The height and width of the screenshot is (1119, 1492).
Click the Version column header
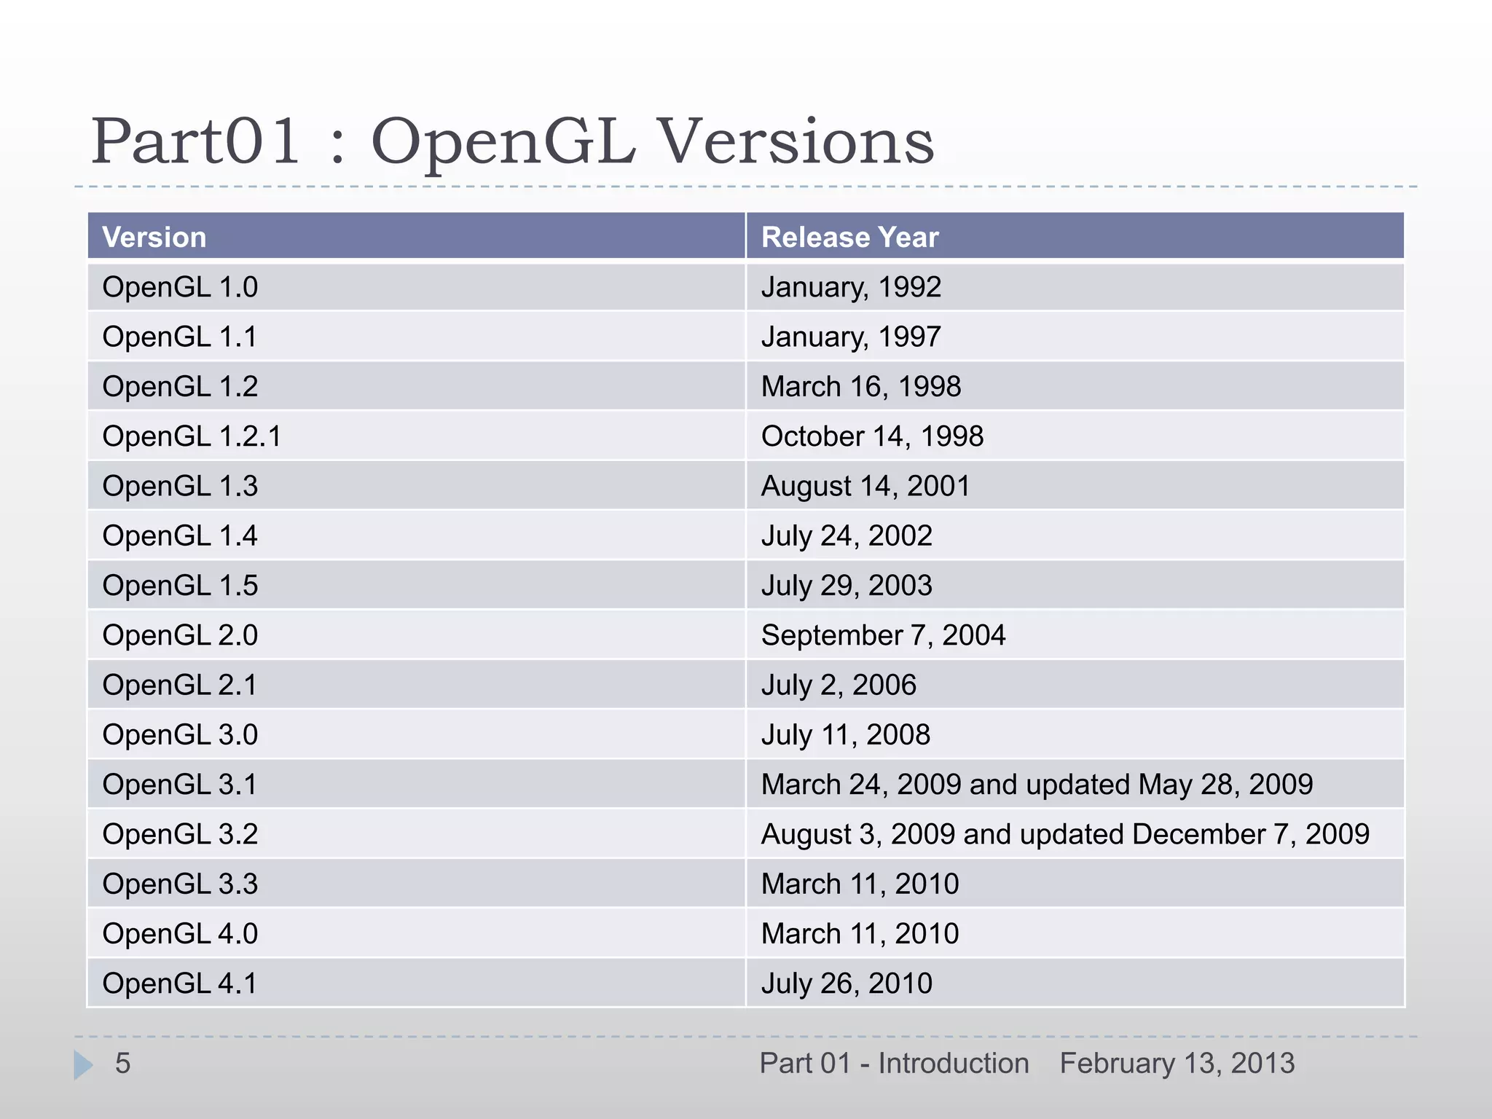[x=154, y=237]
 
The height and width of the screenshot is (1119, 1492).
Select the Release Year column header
[x=849, y=237]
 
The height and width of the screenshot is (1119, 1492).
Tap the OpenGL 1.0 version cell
[x=180, y=287]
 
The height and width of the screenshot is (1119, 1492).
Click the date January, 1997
[x=851, y=337]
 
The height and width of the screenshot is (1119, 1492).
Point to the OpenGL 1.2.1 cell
[x=192, y=436]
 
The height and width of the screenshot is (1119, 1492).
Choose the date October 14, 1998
[x=872, y=436]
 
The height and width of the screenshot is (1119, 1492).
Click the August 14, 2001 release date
[x=865, y=486]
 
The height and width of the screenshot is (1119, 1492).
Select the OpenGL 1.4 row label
[x=180, y=535]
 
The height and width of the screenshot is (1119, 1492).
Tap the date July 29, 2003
[x=847, y=586]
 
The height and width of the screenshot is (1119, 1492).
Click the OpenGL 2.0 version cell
[x=180, y=635]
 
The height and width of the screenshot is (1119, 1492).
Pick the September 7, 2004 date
[x=883, y=635]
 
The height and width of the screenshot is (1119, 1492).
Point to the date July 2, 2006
[x=839, y=685]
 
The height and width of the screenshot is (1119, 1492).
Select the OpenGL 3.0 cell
[x=180, y=735]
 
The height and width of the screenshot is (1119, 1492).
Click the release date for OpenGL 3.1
[x=1037, y=785]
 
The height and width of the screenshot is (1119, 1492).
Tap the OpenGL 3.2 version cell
[x=180, y=834]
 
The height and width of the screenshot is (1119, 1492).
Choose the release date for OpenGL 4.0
[x=860, y=934]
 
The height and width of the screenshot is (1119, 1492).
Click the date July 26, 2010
[x=847, y=983]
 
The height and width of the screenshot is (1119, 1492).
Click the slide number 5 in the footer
[x=122, y=1064]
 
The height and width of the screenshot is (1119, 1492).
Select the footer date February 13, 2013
[x=1177, y=1064]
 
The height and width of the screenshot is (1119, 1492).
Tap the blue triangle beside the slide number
[x=83, y=1065]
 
